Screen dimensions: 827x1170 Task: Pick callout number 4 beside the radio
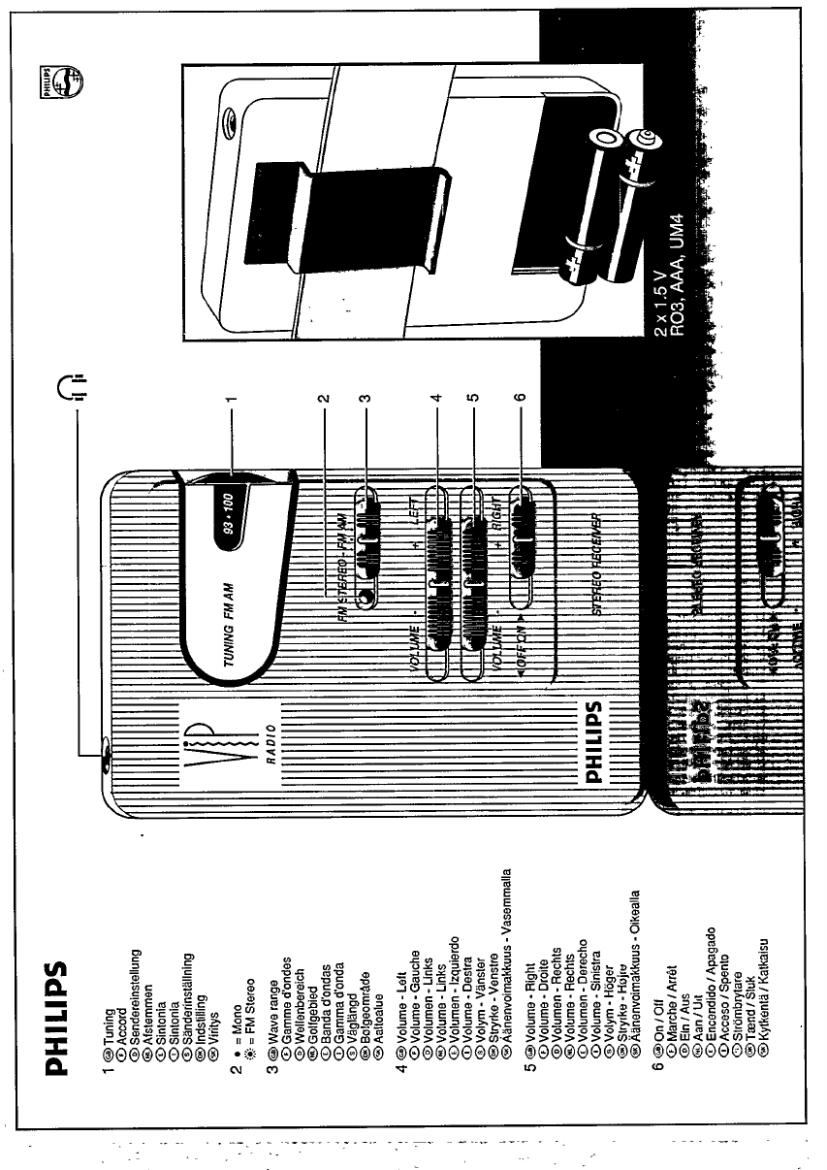(437, 397)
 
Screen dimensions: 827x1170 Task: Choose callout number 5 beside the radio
(475, 397)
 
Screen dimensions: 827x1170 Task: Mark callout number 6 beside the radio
(519, 397)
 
